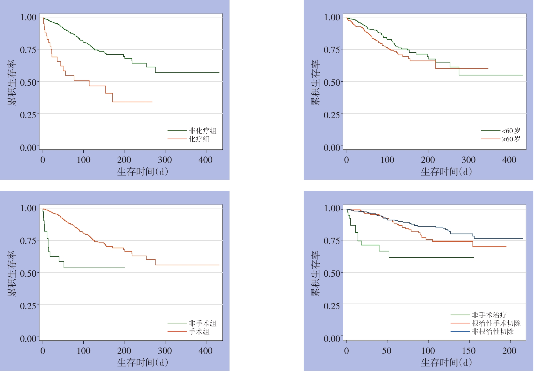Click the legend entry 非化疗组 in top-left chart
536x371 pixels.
click(x=202, y=131)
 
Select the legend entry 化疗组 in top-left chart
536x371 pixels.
click(x=199, y=139)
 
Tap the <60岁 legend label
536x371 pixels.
click(x=511, y=131)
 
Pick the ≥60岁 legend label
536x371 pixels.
click(x=511, y=139)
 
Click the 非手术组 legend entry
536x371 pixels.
click(x=202, y=323)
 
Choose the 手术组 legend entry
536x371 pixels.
click(x=199, y=332)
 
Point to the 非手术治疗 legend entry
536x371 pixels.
click(x=489, y=315)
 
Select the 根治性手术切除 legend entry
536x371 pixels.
click(x=496, y=323)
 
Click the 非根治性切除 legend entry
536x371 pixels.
click(x=492, y=332)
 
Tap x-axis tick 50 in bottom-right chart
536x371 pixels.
click(x=387, y=351)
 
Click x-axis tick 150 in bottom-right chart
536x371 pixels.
click(x=469, y=351)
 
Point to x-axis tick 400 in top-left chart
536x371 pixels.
click(x=206, y=160)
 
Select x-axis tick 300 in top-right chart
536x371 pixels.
click(x=469, y=160)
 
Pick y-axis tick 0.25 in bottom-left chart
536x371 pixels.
click(x=28, y=306)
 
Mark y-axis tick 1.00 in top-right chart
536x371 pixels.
click(x=332, y=17)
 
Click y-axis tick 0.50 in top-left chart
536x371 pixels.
click(x=28, y=83)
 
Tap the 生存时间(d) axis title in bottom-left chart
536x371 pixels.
click(x=143, y=362)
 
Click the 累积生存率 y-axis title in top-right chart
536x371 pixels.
click(x=315, y=82)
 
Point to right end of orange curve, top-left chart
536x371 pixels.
click(x=152, y=102)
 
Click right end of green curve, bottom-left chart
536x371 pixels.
click(x=125, y=268)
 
